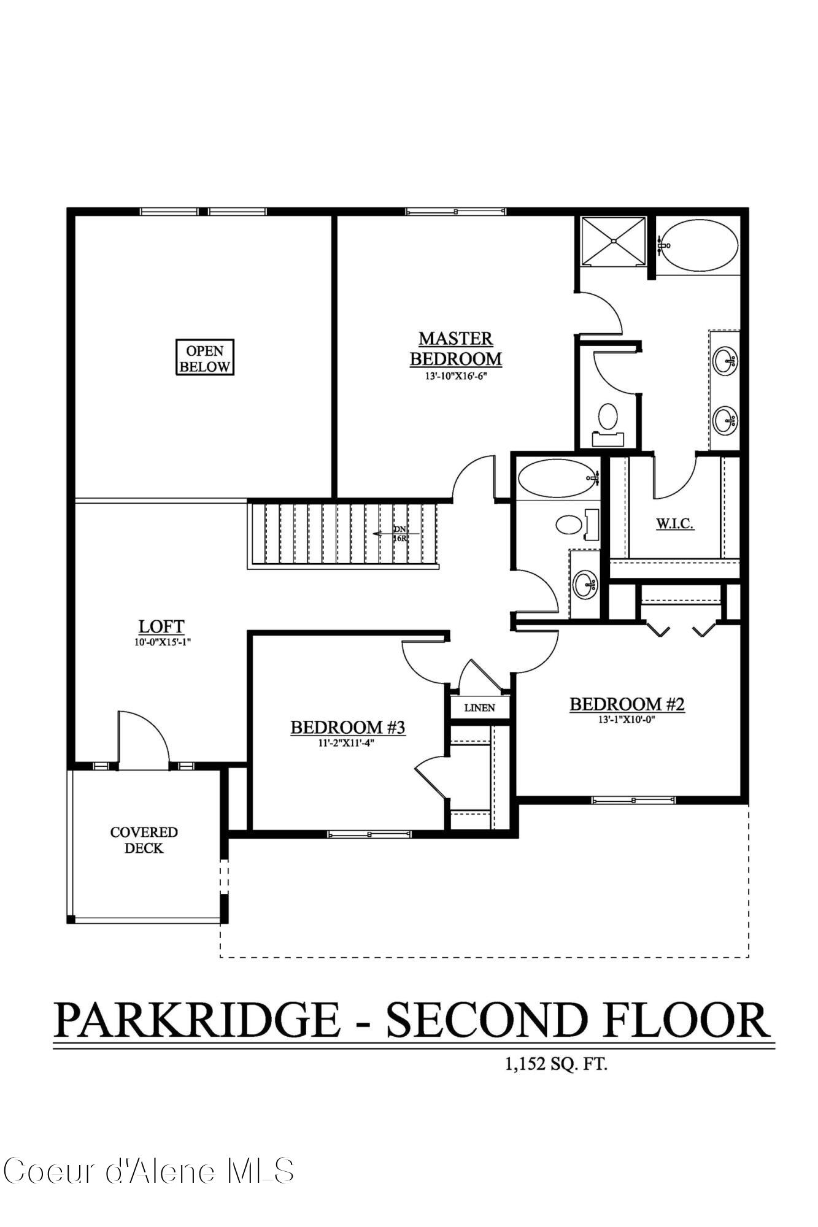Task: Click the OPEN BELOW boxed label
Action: (205, 358)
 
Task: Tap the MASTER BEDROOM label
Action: (456, 348)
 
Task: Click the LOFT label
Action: (161, 626)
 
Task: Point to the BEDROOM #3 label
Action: (348, 728)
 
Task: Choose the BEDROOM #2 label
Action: (627, 704)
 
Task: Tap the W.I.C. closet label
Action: (675, 523)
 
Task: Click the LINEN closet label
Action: (480, 707)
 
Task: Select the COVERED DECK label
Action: (144, 840)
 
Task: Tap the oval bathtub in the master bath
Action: (700, 245)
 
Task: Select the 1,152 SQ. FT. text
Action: (556, 1064)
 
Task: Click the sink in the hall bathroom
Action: (585, 583)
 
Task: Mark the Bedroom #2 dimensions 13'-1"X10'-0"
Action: (627, 720)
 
